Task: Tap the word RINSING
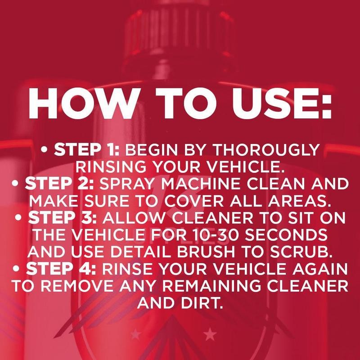pos(109,167)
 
